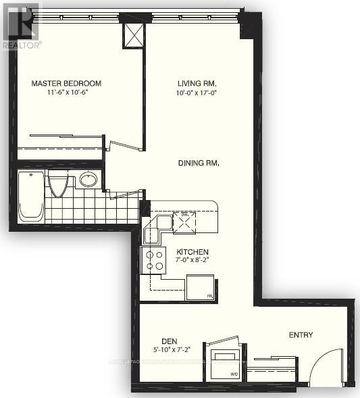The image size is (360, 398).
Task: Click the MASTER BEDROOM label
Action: pyautogui.click(x=66, y=84)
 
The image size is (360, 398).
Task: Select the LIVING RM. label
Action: pyautogui.click(x=191, y=84)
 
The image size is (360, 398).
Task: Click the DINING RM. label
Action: pyautogui.click(x=199, y=163)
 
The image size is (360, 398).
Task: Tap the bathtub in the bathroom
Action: pyautogui.click(x=31, y=196)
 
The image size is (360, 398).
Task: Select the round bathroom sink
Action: pyautogui.click(x=88, y=180)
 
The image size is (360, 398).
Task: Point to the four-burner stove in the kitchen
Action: pyautogui.click(x=153, y=259)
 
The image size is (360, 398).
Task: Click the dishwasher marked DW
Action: pyautogui.click(x=184, y=221)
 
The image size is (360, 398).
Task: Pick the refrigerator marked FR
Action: pyautogui.click(x=200, y=287)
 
